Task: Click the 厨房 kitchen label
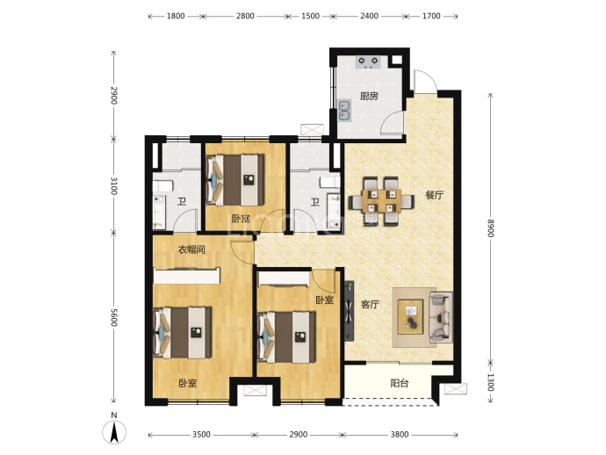point(369,96)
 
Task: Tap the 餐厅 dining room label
point(435,195)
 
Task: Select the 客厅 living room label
point(370,305)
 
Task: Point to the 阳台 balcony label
point(400,384)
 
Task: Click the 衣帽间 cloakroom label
point(191,249)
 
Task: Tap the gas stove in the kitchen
point(368,62)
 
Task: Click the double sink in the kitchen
point(344,111)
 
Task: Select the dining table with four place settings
point(381,201)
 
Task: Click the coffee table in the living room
point(411,317)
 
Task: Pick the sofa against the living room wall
point(441,317)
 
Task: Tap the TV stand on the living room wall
point(350,311)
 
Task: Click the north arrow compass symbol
point(114,432)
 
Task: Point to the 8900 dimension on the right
point(490,228)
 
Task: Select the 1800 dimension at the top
point(176,16)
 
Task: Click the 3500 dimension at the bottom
point(201,435)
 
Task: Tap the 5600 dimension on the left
point(114,317)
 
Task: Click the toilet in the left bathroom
point(162,185)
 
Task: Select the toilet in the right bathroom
point(330,182)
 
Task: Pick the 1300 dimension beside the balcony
point(490,382)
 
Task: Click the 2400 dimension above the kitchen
point(369,16)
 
